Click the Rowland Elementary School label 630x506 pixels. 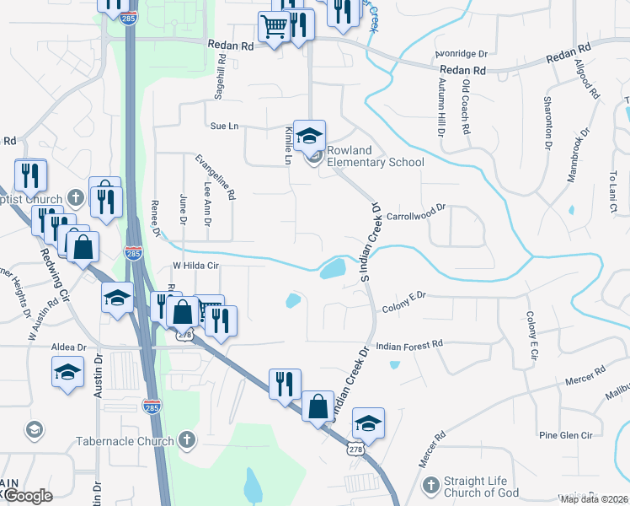coord(375,156)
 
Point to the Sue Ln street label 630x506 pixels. coord(225,126)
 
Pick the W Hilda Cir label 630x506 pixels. coord(195,265)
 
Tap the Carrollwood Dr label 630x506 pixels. coord(415,212)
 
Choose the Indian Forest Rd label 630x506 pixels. coord(409,345)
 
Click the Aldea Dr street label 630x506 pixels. coord(69,347)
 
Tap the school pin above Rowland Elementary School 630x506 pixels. coord(309,134)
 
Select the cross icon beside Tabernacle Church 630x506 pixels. coord(187,440)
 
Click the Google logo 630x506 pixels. coord(28,496)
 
